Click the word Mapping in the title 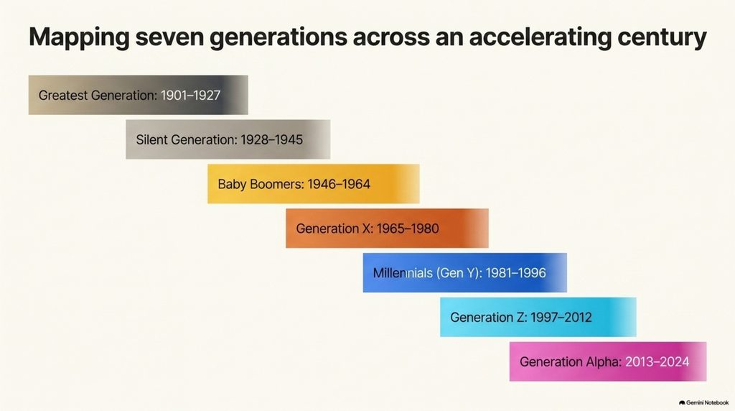click(x=79, y=38)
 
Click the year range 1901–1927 click(x=190, y=96)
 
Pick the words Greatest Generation click(x=98, y=96)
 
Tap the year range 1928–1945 click(x=272, y=140)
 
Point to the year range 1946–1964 click(x=339, y=184)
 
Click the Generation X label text click(x=334, y=228)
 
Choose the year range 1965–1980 click(x=408, y=228)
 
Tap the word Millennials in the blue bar click(x=403, y=273)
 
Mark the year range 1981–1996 click(x=515, y=273)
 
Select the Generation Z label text click(x=488, y=318)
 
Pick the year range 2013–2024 click(x=657, y=361)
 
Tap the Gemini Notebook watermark click(x=703, y=402)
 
